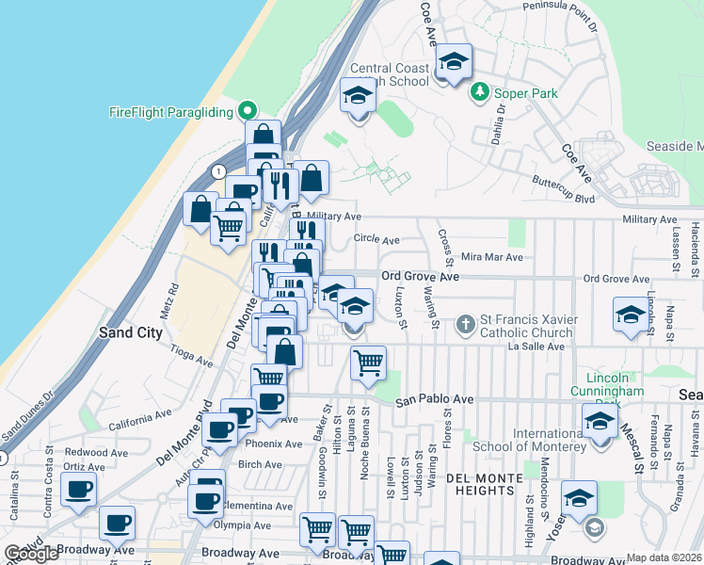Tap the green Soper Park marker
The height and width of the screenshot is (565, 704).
480,92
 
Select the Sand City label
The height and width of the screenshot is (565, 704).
131,332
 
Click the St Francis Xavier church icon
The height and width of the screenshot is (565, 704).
464,325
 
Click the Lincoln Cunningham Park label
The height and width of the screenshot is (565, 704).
608,384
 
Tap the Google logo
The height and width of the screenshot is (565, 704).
31,554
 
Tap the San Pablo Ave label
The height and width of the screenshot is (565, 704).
434,399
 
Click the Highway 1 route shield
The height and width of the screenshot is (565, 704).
218,171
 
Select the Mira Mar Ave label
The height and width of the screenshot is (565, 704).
491,257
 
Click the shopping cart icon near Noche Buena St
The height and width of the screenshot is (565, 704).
368,362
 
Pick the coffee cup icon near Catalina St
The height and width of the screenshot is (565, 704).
78,490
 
